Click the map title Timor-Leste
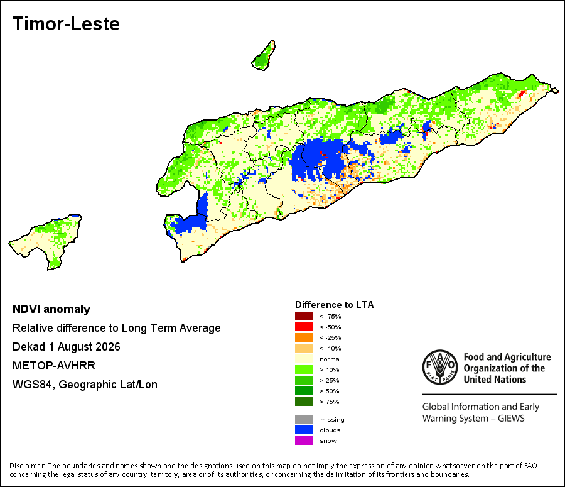(67, 24)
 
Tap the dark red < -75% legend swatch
(304, 316)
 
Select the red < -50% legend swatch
(304, 327)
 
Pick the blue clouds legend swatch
(304, 430)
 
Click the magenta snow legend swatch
(304, 440)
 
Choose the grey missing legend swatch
(304, 419)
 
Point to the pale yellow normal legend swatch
(304, 359)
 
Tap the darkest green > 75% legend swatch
(304, 402)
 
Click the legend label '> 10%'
(330, 369)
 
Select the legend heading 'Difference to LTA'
(335, 305)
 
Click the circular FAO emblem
(440, 367)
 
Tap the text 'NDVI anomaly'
(51, 309)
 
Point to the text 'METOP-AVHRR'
(54, 366)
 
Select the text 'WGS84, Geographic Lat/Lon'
(85, 385)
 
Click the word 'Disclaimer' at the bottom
(27, 466)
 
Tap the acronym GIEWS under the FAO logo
(511, 419)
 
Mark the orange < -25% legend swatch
(304, 337)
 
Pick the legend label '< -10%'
(330, 349)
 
